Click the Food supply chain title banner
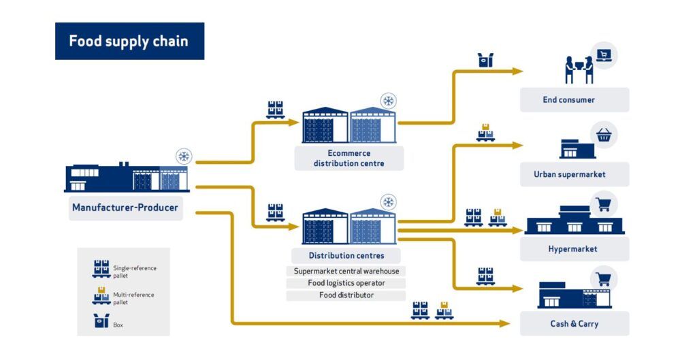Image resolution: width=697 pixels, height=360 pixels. [x=129, y=41]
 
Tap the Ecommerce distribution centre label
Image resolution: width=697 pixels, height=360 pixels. [x=348, y=158]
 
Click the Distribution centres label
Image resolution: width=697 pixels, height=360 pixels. [x=346, y=256]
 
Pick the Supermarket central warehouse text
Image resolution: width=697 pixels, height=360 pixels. [x=346, y=271]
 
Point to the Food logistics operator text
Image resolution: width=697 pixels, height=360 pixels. [x=346, y=283]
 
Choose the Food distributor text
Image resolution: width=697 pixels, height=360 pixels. [x=346, y=295]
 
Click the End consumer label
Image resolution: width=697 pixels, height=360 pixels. [x=568, y=100]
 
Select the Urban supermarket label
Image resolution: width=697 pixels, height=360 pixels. [x=570, y=174]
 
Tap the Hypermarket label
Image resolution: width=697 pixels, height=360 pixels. [x=572, y=249]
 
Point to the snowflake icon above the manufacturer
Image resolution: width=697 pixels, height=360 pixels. [x=184, y=157]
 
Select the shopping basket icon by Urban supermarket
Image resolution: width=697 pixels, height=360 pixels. [x=603, y=135]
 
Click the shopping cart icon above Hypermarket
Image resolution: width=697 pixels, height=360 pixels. [x=603, y=204]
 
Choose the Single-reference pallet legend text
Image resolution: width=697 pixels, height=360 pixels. [x=134, y=272]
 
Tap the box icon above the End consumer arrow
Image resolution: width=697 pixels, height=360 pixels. [x=485, y=60]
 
